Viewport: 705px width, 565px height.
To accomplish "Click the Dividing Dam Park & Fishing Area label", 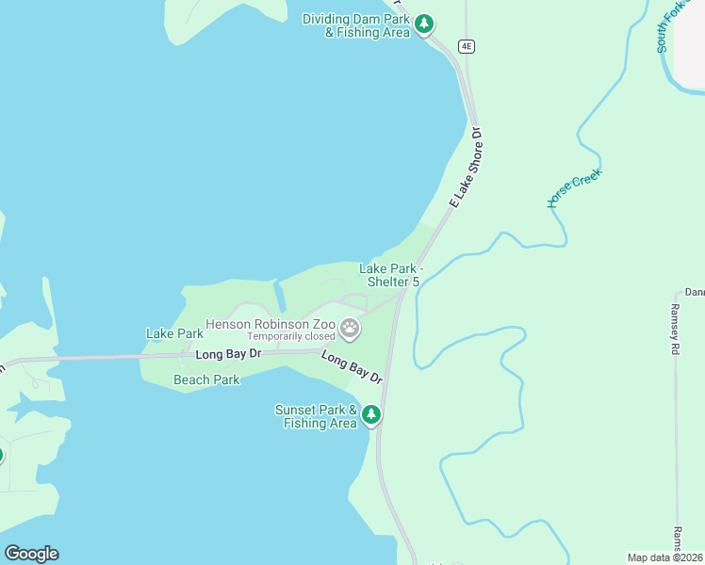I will point(356,25).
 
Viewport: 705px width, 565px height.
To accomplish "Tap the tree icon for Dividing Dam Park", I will point(425,24).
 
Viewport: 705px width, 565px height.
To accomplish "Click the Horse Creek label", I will point(574,188).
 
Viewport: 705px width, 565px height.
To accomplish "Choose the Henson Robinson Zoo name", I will point(271,324).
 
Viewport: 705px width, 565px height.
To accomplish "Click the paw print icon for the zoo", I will point(351,329).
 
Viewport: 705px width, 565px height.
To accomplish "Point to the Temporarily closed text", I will point(290,336).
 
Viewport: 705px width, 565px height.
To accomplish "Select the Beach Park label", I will point(206,379).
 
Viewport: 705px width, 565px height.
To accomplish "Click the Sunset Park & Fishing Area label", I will point(316,416).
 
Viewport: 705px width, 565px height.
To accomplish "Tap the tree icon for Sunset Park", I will point(371,414).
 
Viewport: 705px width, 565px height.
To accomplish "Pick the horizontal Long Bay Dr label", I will point(226,354).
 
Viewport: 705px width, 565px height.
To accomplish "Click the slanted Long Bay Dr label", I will point(352,366).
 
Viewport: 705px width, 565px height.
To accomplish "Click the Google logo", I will point(31,554).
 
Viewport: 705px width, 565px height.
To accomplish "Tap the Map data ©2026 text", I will point(664,557).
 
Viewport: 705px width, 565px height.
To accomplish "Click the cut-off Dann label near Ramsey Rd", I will point(694,292).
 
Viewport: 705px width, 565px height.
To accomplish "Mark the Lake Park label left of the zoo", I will point(174,333).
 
